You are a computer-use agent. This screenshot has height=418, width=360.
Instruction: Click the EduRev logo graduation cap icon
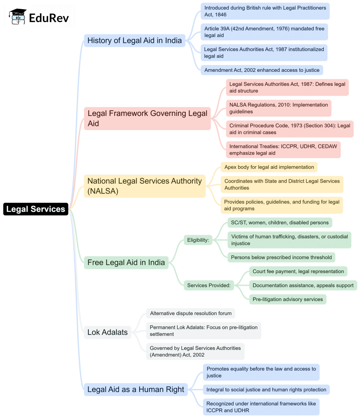coord(18,17)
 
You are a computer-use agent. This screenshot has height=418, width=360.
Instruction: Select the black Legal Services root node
coord(36,209)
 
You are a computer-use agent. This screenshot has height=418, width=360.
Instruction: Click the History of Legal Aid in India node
coord(134,40)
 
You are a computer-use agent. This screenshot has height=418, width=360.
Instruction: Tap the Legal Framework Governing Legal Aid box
coord(147,118)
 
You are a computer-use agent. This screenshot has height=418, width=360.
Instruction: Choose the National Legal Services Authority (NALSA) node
coord(144,186)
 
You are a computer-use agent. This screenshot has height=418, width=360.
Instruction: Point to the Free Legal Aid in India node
coord(126,263)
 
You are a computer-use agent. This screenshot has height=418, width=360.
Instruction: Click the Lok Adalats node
coord(107,332)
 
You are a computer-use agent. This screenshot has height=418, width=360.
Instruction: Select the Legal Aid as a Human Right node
coord(136,390)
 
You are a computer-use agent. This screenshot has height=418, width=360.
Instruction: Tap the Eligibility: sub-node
coord(198,240)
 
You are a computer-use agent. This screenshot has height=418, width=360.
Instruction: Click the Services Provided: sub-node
coord(208,285)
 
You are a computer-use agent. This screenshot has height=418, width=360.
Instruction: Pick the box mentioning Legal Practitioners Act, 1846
coord(265,11)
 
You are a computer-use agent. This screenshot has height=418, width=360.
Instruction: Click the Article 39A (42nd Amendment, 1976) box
coord(264,32)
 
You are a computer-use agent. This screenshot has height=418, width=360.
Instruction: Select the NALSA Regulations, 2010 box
coord(278,108)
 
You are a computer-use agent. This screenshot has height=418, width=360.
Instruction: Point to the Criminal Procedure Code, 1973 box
coord(289,129)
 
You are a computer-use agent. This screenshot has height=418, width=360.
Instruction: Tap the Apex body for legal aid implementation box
coord(269,167)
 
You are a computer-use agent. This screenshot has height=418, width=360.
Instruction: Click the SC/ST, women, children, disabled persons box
coord(279,223)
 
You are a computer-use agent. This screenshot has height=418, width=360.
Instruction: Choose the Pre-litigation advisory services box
coord(287,300)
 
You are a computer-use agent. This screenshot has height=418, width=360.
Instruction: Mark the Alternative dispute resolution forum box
coord(191,313)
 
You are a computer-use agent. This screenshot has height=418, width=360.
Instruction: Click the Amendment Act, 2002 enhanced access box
coord(262,70)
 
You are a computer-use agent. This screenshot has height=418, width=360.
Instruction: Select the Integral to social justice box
coord(266,390)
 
